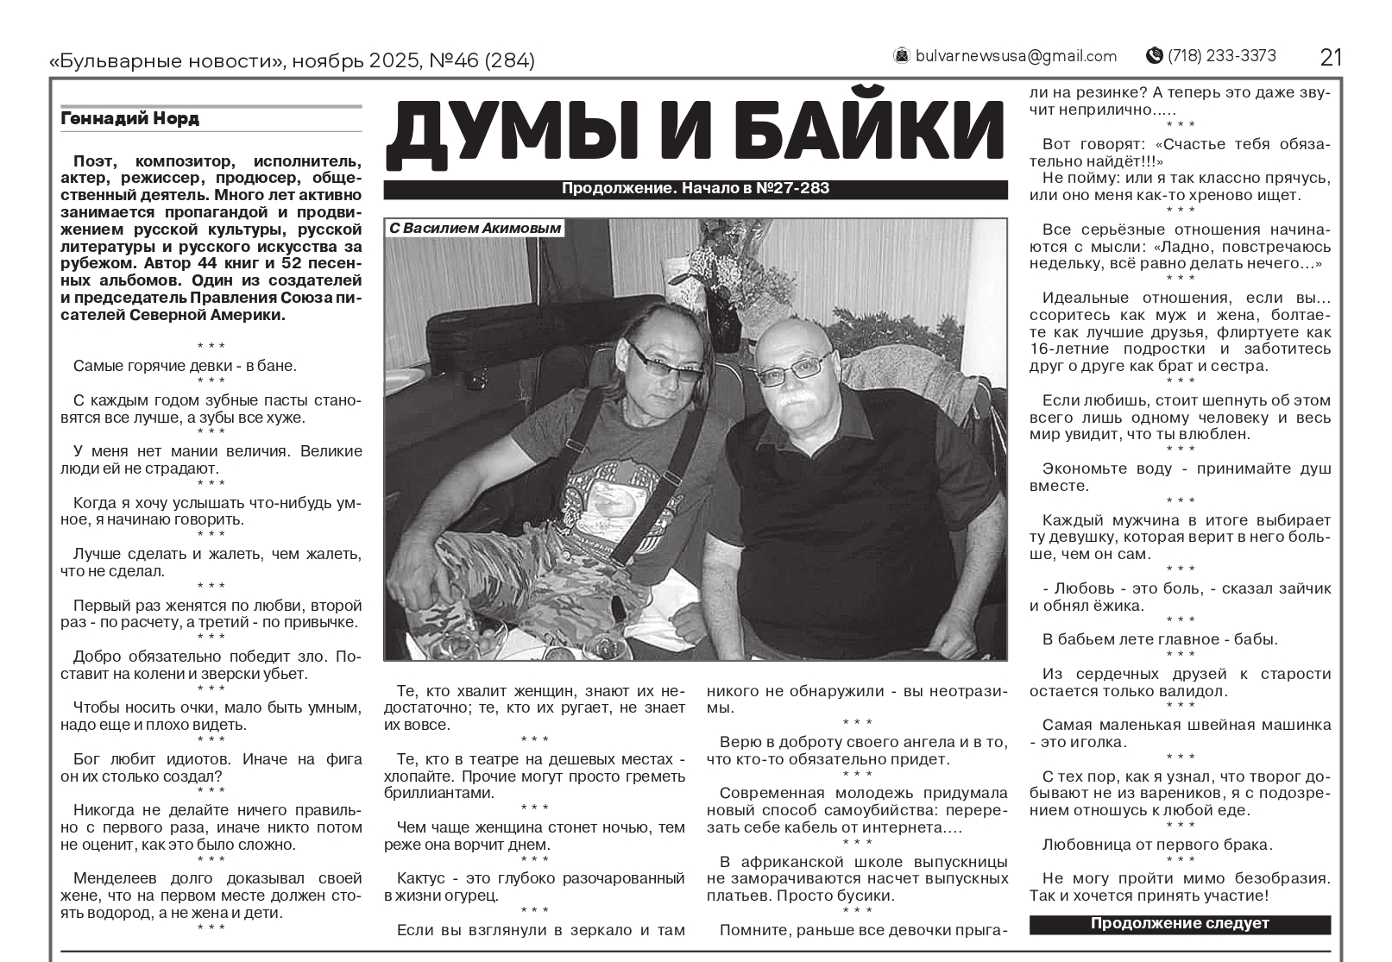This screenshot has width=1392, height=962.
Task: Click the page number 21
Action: click(x=1331, y=57)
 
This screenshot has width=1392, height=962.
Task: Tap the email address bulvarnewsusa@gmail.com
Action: click(x=1016, y=56)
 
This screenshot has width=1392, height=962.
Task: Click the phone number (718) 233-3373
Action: click(x=1221, y=56)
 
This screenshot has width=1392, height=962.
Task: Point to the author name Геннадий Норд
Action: click(x=129, y=119)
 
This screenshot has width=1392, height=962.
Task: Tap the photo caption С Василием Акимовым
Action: click(x=476, y=229)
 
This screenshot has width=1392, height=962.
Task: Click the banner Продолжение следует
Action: click(x=1180, y=923)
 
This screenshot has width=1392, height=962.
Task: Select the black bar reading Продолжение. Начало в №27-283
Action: click(x=696, y=189)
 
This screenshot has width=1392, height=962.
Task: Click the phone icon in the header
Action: click(x=1154, y=56)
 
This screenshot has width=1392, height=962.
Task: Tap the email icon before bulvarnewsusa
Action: click(x=902, y=56)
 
